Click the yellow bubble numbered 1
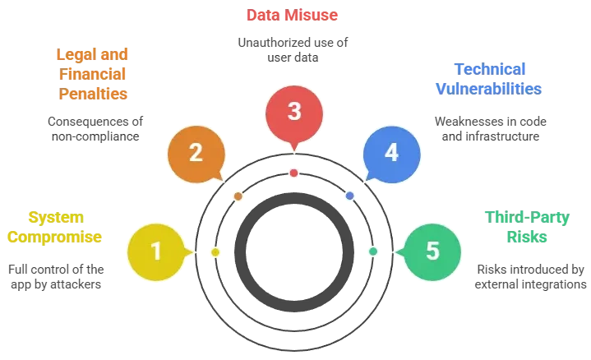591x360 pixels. coord(156,251)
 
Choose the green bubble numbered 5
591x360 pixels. coord(432,251)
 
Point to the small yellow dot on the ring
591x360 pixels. coord(215,252)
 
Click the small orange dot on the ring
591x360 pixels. coord(238,196)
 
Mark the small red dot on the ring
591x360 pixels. coord(293,173)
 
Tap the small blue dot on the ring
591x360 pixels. coord(350,196)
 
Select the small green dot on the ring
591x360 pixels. coord(373,251)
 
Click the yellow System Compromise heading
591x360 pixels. coord(55,228)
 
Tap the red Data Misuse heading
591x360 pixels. coord(293,15)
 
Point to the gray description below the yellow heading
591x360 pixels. coord(55,276)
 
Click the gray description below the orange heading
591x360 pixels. coord(95,127)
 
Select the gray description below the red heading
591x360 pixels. coord(293,48)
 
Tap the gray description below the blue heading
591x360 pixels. coord(488,127)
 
